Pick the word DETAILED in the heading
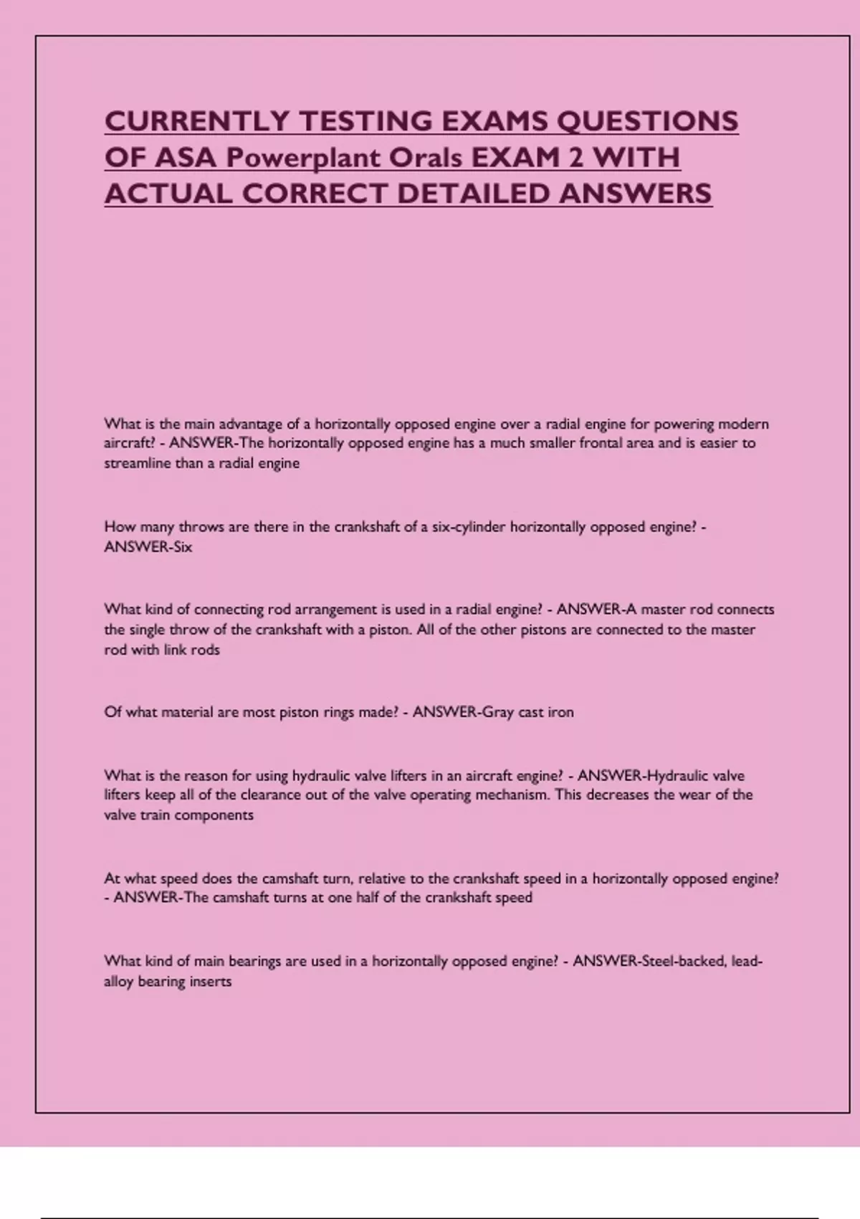[x=474, y=194]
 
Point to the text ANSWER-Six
[x=148, y=547]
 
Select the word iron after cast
[x=560, y=713]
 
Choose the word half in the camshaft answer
[x=367, y=898]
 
